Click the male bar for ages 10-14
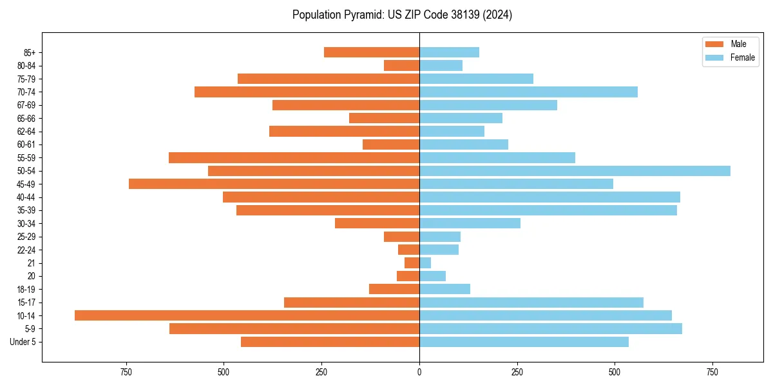247,315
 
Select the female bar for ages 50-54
575,171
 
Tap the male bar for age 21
412,263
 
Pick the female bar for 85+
449,52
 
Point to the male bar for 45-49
274,184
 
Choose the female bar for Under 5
524,342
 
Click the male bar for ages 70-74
307,92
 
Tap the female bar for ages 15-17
531,303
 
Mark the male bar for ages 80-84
401,66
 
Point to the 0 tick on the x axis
419,372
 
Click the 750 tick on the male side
126,372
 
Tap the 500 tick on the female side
615,372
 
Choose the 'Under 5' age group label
23,342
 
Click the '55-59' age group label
26,158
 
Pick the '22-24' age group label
26,250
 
